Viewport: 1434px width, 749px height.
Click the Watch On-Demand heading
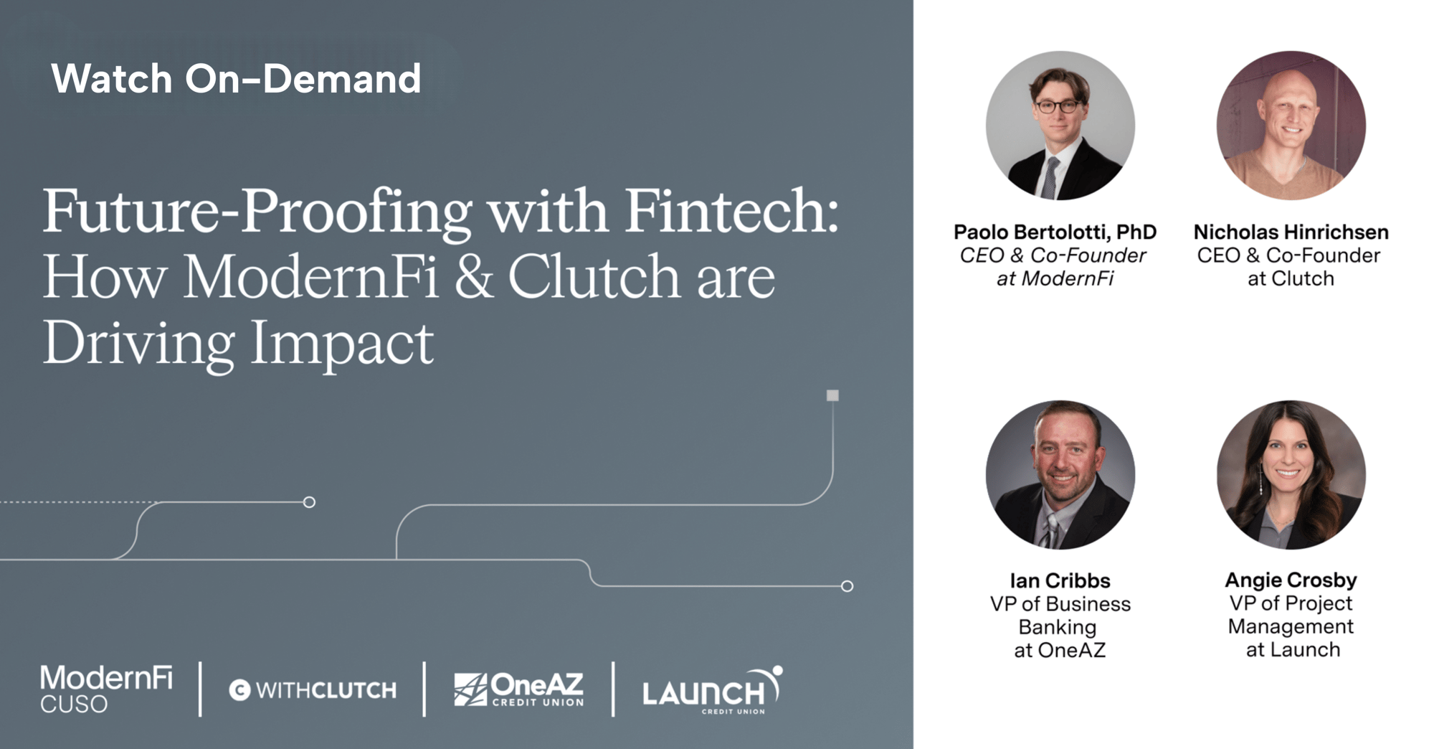[236, 78]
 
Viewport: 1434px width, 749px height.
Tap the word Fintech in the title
[731, 211]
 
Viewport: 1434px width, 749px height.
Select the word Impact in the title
[341, 343]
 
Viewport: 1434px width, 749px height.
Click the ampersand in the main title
[474, 277]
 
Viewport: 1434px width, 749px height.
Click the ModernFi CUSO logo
[106, 689]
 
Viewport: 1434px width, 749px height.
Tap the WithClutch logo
[313, 690]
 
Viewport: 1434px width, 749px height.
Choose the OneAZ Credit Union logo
[519, 689]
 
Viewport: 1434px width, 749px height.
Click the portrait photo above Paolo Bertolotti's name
[1060, 125]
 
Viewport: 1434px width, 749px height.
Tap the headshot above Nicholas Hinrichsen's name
[1291, 125]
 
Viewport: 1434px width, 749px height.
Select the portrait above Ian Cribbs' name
[1060, 475]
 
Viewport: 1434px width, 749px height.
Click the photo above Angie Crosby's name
[1291, 475]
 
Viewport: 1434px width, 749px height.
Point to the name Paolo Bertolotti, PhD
[1055, 232]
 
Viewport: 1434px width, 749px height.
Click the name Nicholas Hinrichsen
[1291, 232]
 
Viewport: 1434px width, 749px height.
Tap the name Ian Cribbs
[1060, 580]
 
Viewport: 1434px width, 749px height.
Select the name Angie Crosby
[1291, 580]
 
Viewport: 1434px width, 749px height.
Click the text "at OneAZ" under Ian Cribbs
[1060, 650]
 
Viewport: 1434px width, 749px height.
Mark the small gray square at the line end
[832, 395]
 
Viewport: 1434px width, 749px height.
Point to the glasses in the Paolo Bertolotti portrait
[1057, 107]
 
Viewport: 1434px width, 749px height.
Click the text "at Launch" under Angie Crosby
[1293, 649]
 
